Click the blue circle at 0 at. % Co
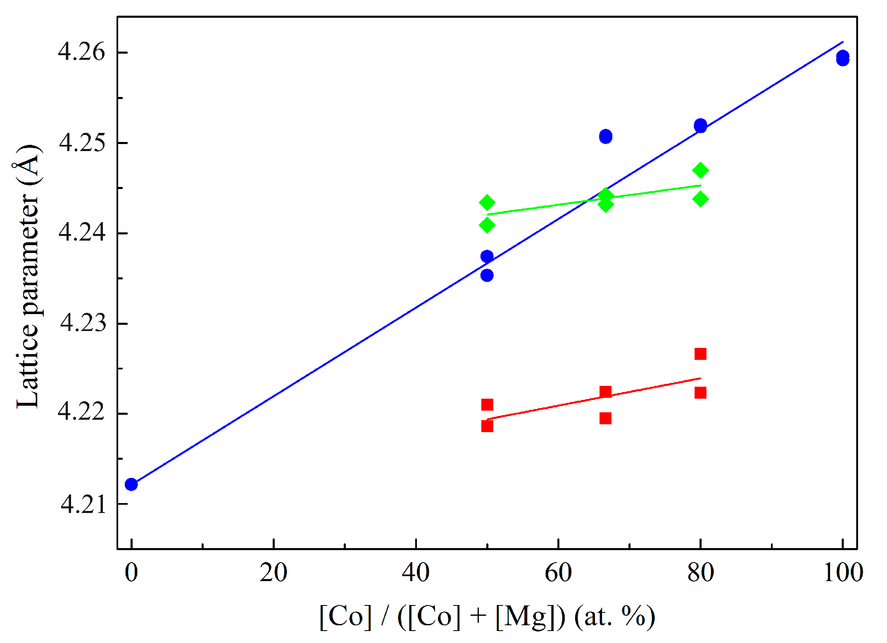131,484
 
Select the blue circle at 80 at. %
700,125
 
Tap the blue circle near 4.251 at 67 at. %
605,136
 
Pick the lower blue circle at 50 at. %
487,275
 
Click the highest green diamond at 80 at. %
700,170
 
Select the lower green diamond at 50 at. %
487,225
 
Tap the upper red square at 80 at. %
700,354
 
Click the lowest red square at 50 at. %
487,426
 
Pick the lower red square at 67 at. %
605,418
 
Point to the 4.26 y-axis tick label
81,52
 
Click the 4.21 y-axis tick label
83,504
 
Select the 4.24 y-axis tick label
81,233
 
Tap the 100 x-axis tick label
843,573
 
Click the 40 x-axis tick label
416,573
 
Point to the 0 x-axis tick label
131,573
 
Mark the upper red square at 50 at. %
487,404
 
